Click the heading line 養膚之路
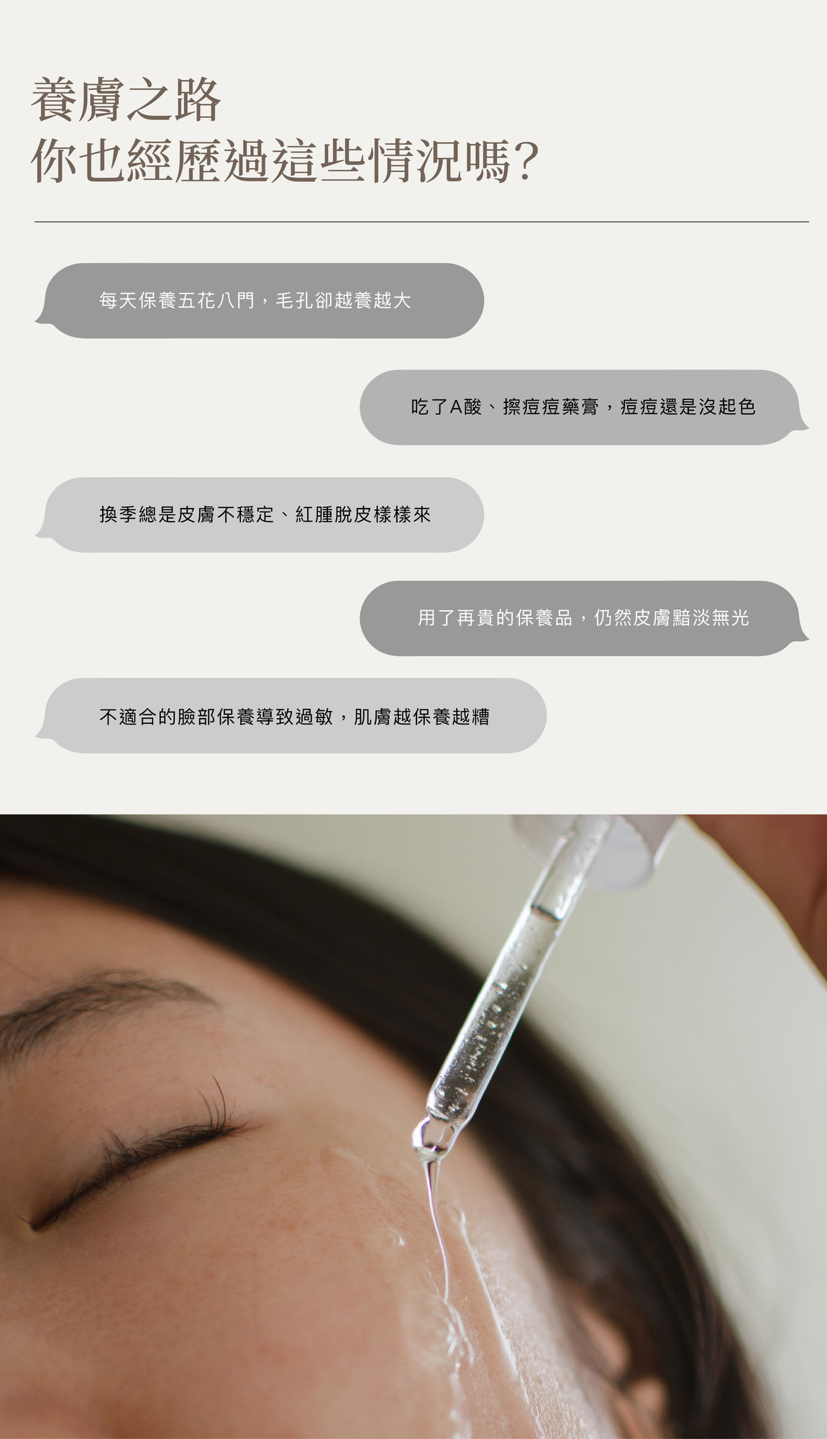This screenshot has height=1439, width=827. pyautogui.click(x=126, y=101)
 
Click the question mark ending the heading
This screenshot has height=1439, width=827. pyautogui.click(x=527, y=161)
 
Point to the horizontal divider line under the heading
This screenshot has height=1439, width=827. pyautogui.click(x=421, y=222)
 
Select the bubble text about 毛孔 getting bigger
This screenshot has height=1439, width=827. pyautogui.click(x=255, y=301)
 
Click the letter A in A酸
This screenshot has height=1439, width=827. pyautogui.click(x=456, y=407)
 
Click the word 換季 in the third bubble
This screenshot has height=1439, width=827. pyautogui.click(x=119, y=514)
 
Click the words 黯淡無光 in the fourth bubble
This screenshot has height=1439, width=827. pyautogui.click(x=711, y=618)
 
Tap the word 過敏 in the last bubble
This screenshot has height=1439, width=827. pyautogui.click(x=314, y=717)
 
